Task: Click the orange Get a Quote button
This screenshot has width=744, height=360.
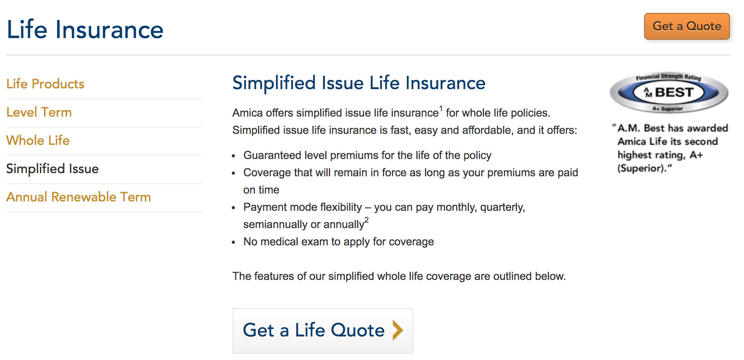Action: [x=687, y=26]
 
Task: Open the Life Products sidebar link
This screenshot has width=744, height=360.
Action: [x=45, y=84]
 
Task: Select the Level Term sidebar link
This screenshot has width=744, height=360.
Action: [x=39, y=112]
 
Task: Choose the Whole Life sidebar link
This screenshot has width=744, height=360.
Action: [x=38, y=140]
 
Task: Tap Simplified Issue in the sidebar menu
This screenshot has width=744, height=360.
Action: [x=52, y=169]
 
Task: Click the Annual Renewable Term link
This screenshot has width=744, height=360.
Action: [x=79, y=197]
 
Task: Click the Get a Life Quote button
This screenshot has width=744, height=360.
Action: [x=323, y=331]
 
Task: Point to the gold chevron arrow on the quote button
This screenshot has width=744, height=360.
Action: [x=398, y=330]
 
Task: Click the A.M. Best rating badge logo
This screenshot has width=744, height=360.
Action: [x=669, y=93]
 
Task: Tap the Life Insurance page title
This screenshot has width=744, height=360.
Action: [x=85, y=29]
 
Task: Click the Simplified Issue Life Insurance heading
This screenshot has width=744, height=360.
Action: [x=359, y=83]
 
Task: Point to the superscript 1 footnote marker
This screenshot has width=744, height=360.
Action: [x=441, y=108]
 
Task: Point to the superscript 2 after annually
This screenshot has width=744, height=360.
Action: [x=367, y=220]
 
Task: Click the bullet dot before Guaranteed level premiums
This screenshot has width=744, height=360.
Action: [x=234, y=156]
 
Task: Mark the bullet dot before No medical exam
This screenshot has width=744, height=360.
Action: [x=234, y=243]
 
